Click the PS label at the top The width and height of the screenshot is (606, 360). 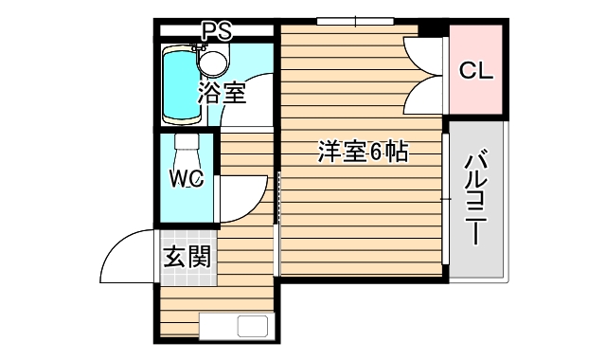pos(216,29)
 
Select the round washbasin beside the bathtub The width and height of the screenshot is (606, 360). pos(213,63)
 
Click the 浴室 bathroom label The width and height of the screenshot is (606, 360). pos(222,93)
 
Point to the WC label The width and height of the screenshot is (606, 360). pos(187,177)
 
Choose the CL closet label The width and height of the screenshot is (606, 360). pos(475,70)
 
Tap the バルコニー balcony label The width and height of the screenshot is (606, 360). pos(476,199)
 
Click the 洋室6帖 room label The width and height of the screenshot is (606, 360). pos(362,152)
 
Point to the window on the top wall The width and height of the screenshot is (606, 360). pos(354,21)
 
